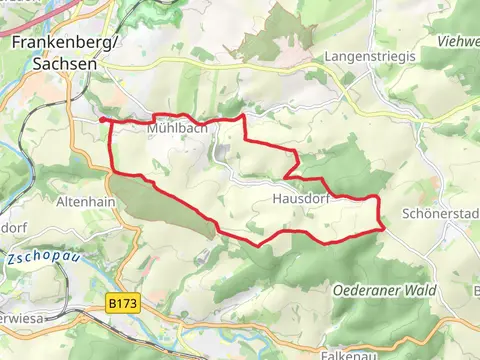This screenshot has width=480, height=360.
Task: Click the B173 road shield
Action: pos(122,298)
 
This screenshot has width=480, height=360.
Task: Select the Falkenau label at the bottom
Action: pos(351,353)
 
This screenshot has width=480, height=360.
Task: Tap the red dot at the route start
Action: pos(103,120)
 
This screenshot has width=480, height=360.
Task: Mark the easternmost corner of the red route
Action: pos(384,229)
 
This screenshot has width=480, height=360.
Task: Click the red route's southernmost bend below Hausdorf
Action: pos(261,244)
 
